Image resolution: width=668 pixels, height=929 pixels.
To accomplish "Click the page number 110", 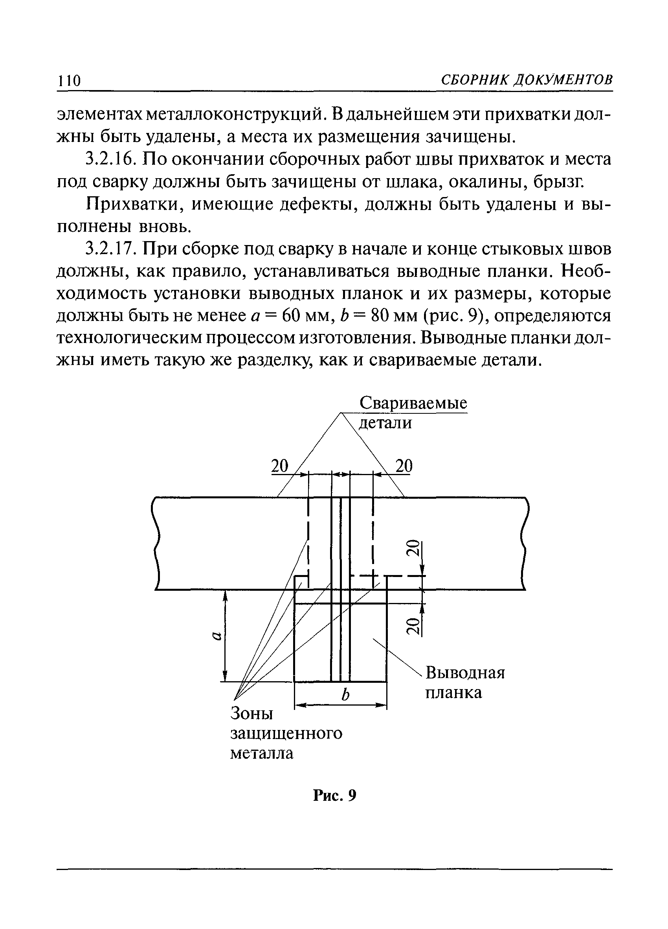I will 69,80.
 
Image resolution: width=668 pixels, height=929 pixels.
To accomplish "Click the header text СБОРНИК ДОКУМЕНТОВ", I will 527,79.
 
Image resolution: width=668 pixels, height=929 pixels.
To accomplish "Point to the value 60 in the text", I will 294,316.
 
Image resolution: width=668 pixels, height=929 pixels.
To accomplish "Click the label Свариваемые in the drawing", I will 413,404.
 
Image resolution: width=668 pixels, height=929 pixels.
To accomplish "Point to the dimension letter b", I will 346,695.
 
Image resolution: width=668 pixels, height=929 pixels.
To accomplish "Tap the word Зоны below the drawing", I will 252,713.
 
